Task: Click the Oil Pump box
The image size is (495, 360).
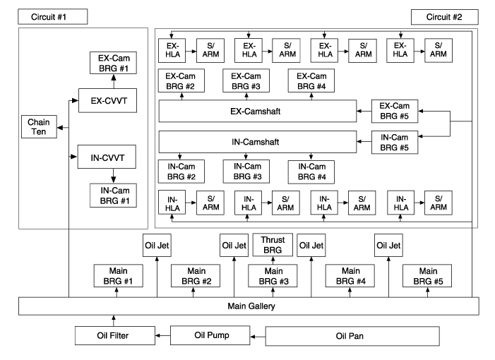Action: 210,335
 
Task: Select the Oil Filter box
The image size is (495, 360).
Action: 115,335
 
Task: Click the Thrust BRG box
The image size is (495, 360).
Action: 273,246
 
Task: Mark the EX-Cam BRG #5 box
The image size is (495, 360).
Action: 395,112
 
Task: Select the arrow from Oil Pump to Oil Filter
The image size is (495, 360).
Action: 163,335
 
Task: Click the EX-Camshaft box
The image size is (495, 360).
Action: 256,112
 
